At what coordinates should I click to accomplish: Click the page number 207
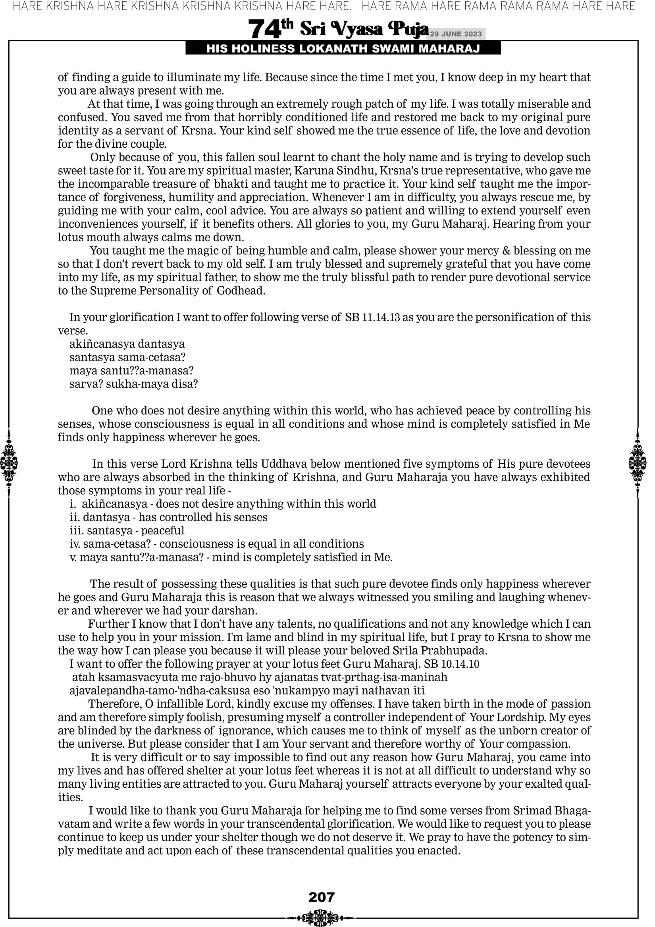click(x=322, y=897)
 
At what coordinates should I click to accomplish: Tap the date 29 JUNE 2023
click(x=456, y=34)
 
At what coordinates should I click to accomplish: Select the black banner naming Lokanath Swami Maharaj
click(x=343, y=49)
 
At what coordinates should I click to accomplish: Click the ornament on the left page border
click(x=9, y=463)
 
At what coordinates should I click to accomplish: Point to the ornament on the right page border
click(x=638, y=463)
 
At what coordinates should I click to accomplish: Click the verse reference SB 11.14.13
click(x=372, y=317)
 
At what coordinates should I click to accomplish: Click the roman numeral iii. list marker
click(x=76, y=530)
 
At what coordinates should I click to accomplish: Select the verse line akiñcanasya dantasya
click(x=127, y=344)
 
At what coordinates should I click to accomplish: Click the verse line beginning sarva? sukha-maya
click(x=134, y=384)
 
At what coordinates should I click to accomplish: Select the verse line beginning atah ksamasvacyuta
click(x=260, y=677)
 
